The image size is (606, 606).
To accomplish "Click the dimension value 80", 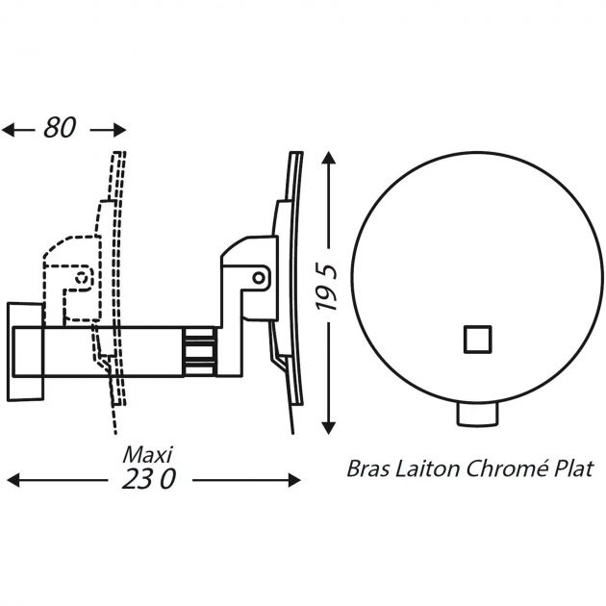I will click(60, 128).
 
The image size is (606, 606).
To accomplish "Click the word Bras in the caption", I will click(366, 469).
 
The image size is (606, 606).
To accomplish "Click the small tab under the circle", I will click(477, 414).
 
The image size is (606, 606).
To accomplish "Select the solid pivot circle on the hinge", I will click(260, 277).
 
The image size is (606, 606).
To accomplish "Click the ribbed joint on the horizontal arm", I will click(200, 350).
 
